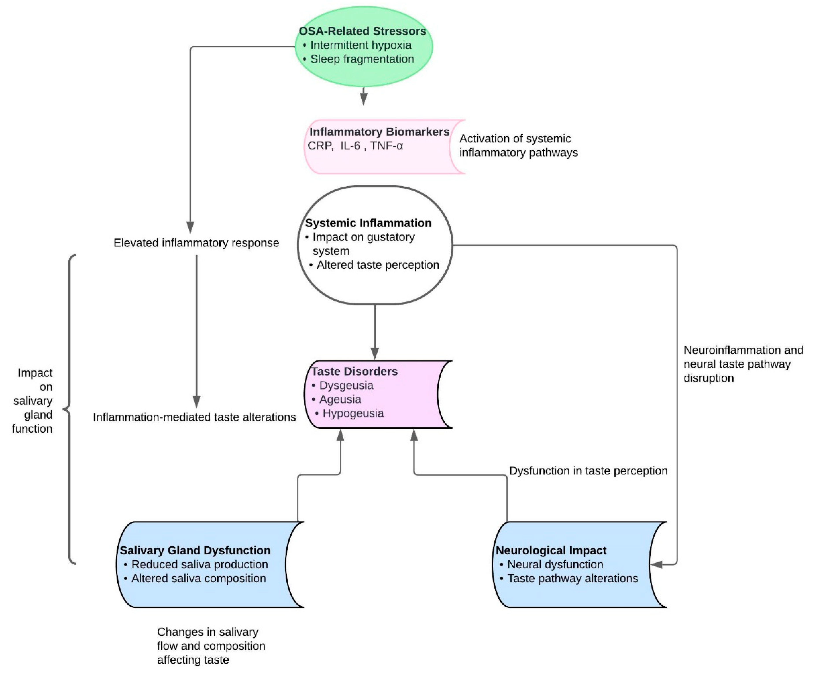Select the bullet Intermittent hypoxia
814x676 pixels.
pyautogui.click(x=361, y=45)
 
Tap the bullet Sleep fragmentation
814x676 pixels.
pyautogui.click(x=362, y=59)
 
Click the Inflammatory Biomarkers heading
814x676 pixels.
pyautogui.click(x=379, y=132)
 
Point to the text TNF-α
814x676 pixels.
pyautogui.click(x=387, y=146)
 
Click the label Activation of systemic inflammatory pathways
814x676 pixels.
pyautogui.click(x=518, y=145)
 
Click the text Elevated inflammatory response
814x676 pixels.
pyautogui.click(x=196, y=243)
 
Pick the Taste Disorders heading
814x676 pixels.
pyautogui.click(x=354, y=371)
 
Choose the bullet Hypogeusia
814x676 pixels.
pyautogui.click(x=353, y=413)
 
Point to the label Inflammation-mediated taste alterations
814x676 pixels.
pyautogui.click(x=194, y=417)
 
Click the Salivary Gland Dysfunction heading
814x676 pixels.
pyautogui.click(x=195, y=551)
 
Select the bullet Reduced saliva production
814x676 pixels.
pyautogui.click(x=199, y=564)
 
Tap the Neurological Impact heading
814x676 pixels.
pyautogui.click(x=551, y=551)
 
